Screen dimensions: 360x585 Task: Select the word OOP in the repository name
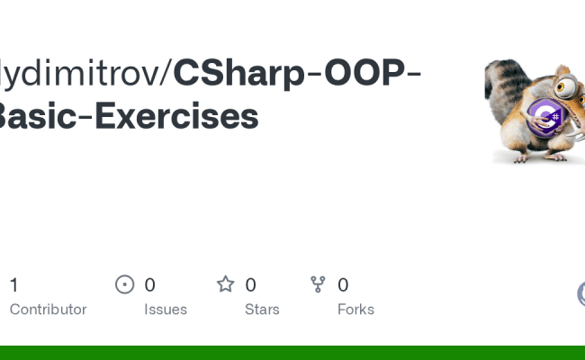tap(358, 74)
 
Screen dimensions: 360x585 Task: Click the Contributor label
tap(48, 309)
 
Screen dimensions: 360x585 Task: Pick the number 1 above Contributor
tap(13, 285)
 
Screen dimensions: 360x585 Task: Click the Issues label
tap(166, 309)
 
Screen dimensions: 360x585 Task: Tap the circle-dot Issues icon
tap(125, 285)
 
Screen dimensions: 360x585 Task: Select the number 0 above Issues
tap(149, 285)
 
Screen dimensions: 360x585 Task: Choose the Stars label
tap(262, 309)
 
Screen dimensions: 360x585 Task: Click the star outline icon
tap(225, 285)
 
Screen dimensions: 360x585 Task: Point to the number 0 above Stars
tap(250, 285)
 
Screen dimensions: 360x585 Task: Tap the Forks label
tap(355, 309)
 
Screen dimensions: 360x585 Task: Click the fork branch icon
tap(318, 285)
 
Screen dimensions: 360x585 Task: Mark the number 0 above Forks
tap(343, 285)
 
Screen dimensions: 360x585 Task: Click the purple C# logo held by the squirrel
tap(545, 116)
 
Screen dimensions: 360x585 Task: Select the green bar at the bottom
tap(292, 352)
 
